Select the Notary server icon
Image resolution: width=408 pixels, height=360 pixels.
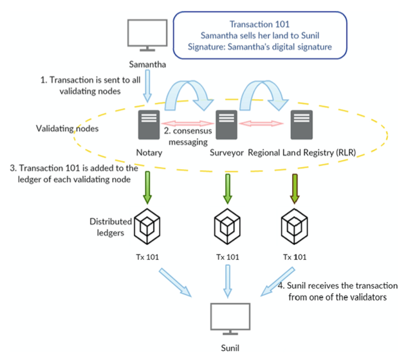149,125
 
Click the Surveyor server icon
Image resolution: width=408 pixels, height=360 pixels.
225,125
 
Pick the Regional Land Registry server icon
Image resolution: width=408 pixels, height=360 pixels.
302,125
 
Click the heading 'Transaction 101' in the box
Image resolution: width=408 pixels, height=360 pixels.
261,24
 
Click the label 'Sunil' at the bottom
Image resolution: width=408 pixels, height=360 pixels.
230,347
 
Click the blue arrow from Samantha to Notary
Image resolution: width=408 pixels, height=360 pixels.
147,87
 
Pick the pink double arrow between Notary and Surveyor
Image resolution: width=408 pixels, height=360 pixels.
187,122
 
